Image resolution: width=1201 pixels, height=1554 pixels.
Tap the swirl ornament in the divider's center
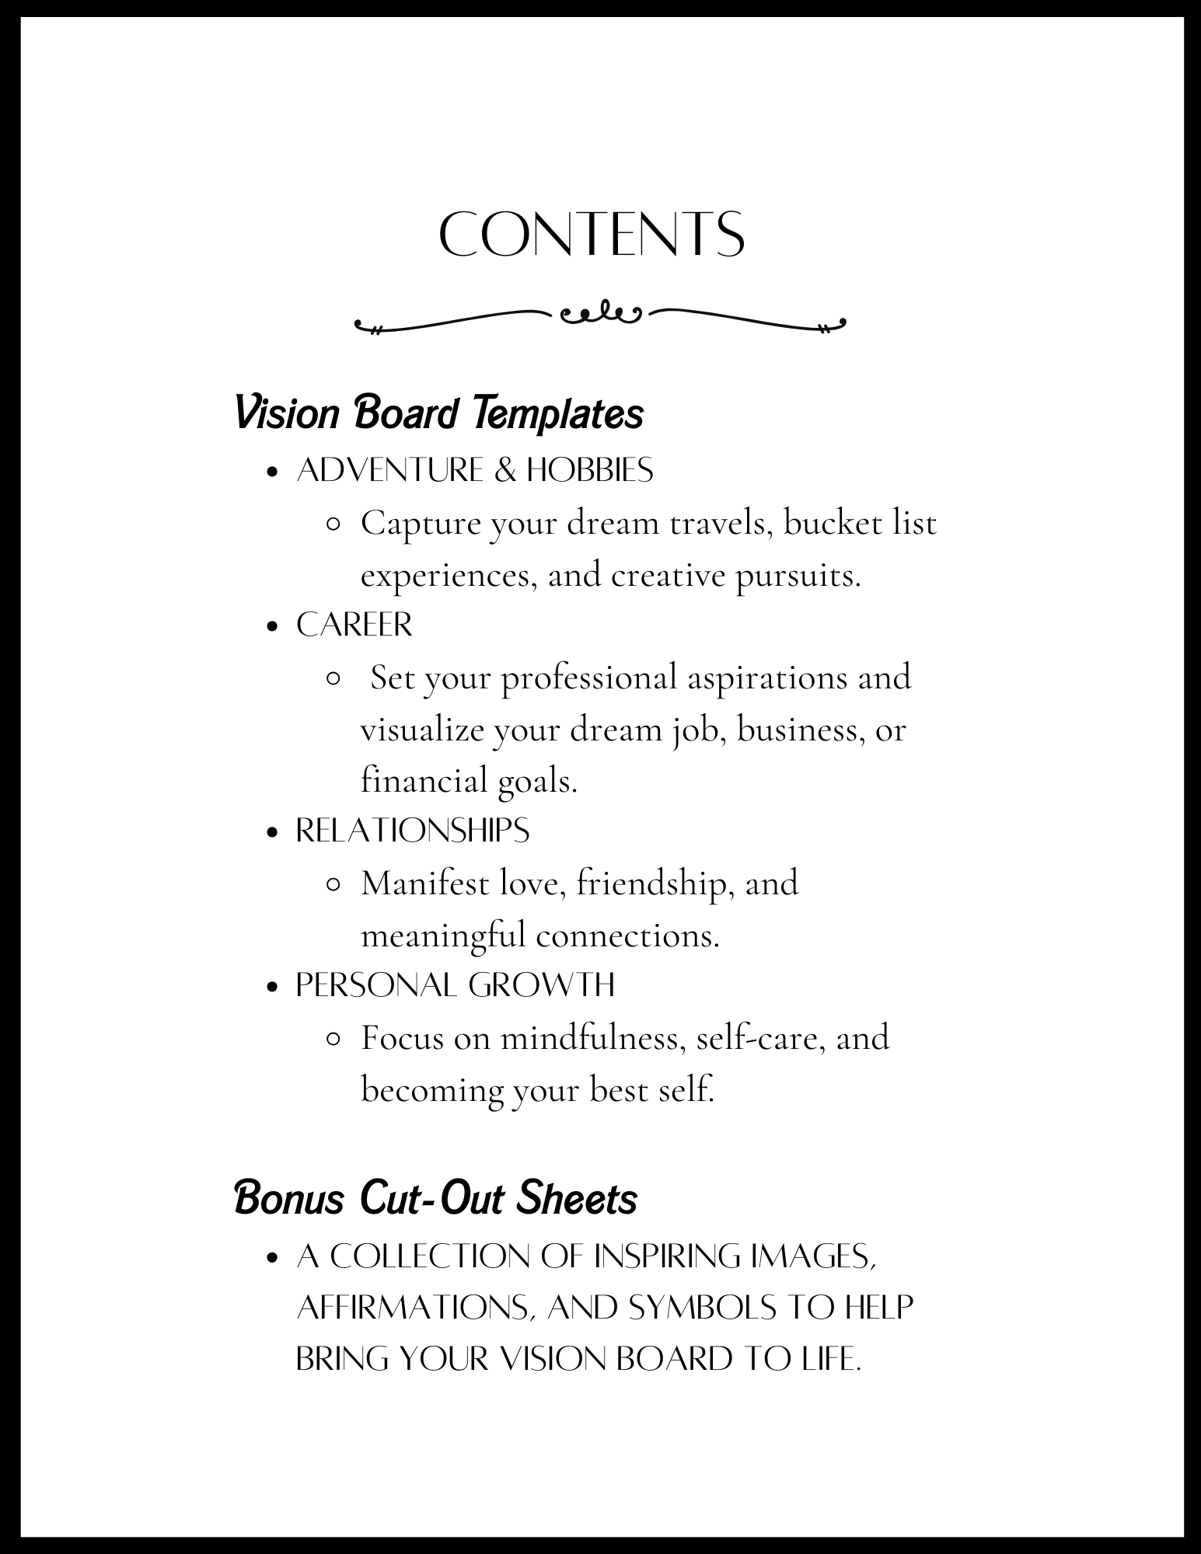[599, 313]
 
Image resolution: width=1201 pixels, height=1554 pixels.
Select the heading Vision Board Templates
[438, 413]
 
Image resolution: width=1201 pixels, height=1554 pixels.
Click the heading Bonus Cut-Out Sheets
[435, 1198]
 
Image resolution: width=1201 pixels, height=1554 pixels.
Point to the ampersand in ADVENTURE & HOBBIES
[504, 470]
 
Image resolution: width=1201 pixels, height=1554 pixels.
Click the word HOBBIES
[590, 470]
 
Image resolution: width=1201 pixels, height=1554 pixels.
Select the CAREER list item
[354, 625]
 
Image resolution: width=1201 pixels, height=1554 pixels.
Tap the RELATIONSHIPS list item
[413, 831]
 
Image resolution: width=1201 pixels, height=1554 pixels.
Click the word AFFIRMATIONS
[415, 1308]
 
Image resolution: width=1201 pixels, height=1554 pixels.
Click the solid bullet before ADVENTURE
[271, 472]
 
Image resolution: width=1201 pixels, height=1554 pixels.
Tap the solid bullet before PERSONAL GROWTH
[271, 987]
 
